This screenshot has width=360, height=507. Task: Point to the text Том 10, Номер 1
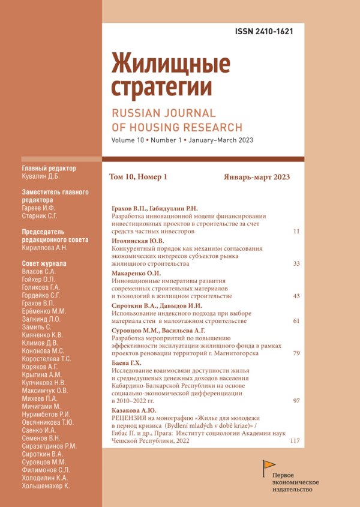coord(138,177)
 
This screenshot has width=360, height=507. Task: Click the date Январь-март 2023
coord(257,177)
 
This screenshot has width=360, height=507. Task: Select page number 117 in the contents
coord(294,441)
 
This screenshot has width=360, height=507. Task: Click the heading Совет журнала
coord(44,263)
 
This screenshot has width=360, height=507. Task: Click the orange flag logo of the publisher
coord(269,466)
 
